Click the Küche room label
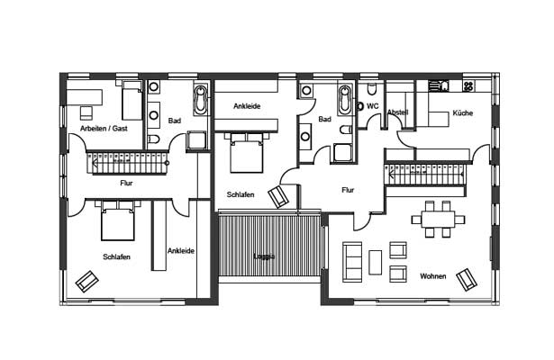tap(462, 112)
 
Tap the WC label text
tap(373, 106)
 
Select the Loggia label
tap(264, 256)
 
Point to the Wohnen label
tap(432, 276)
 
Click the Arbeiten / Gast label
tap(104, 129)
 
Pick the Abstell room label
tap(398, 112)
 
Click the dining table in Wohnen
tap(438, 220)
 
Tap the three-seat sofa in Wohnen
tap(352, 262)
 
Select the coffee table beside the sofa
tap(376, 262)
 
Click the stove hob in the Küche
tap(468, 85)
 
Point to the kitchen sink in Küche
tap(439, 86)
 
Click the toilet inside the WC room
tap(372, 89)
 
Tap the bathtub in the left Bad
tap(201, 100)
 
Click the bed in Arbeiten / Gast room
tap(132, 100)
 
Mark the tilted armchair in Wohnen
tap(467, 279)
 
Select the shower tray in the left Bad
tap(196, 140)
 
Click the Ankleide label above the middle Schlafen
tap(247, 106)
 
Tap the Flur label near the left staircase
tap(126, 183)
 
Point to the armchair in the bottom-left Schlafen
tap(86, 282)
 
